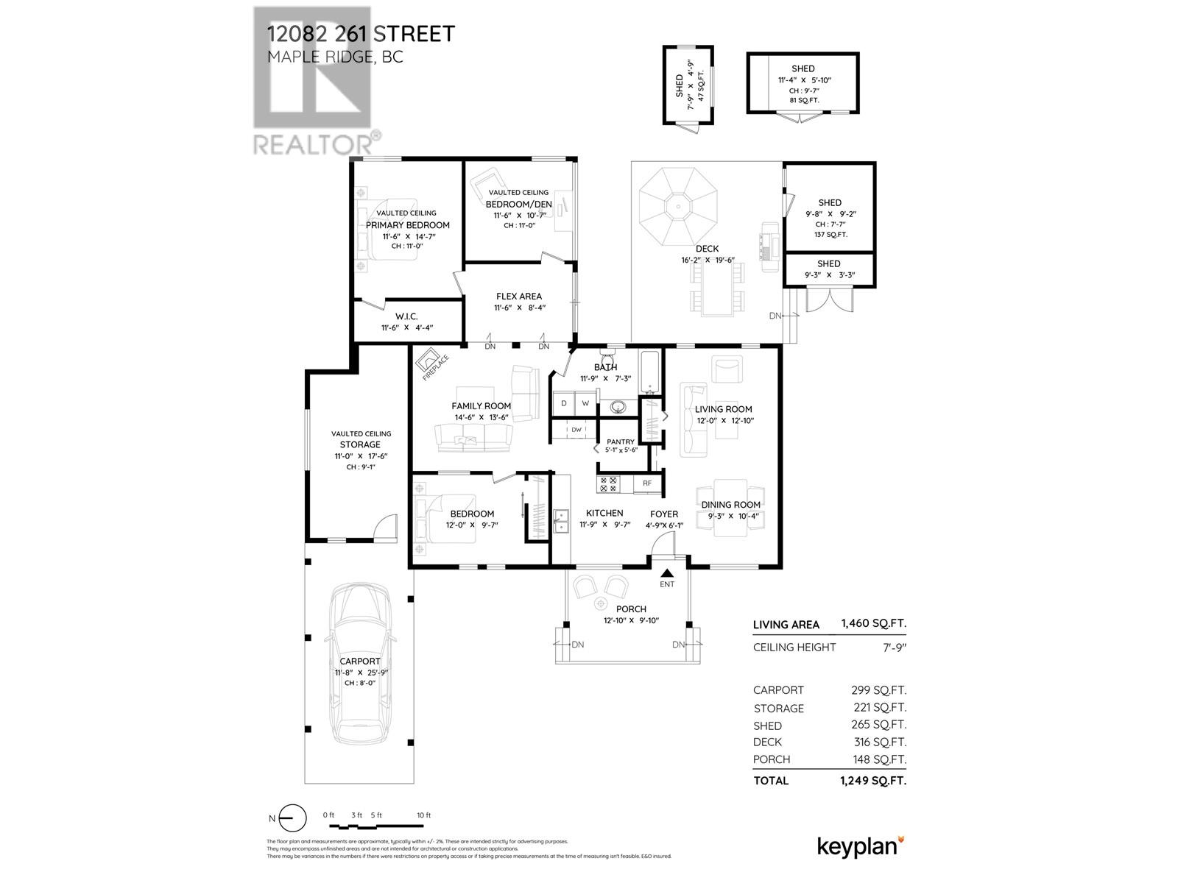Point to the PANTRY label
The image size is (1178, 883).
tap(620, 441)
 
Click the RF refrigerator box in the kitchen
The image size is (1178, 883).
tap(647, 483)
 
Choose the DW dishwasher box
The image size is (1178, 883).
tap(576, 430)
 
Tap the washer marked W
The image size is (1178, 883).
tap(585, 403)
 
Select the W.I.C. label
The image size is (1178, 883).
tap(406, 316)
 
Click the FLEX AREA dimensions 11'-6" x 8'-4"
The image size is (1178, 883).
tap(519, 308)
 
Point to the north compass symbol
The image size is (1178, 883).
tap(292, 818)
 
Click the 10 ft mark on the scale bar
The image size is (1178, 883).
tap(423, 815)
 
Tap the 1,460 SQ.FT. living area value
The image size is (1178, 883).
tap(873, 624)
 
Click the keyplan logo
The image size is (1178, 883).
tap(860, 846)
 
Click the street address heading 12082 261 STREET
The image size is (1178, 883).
tap(361, 34)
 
